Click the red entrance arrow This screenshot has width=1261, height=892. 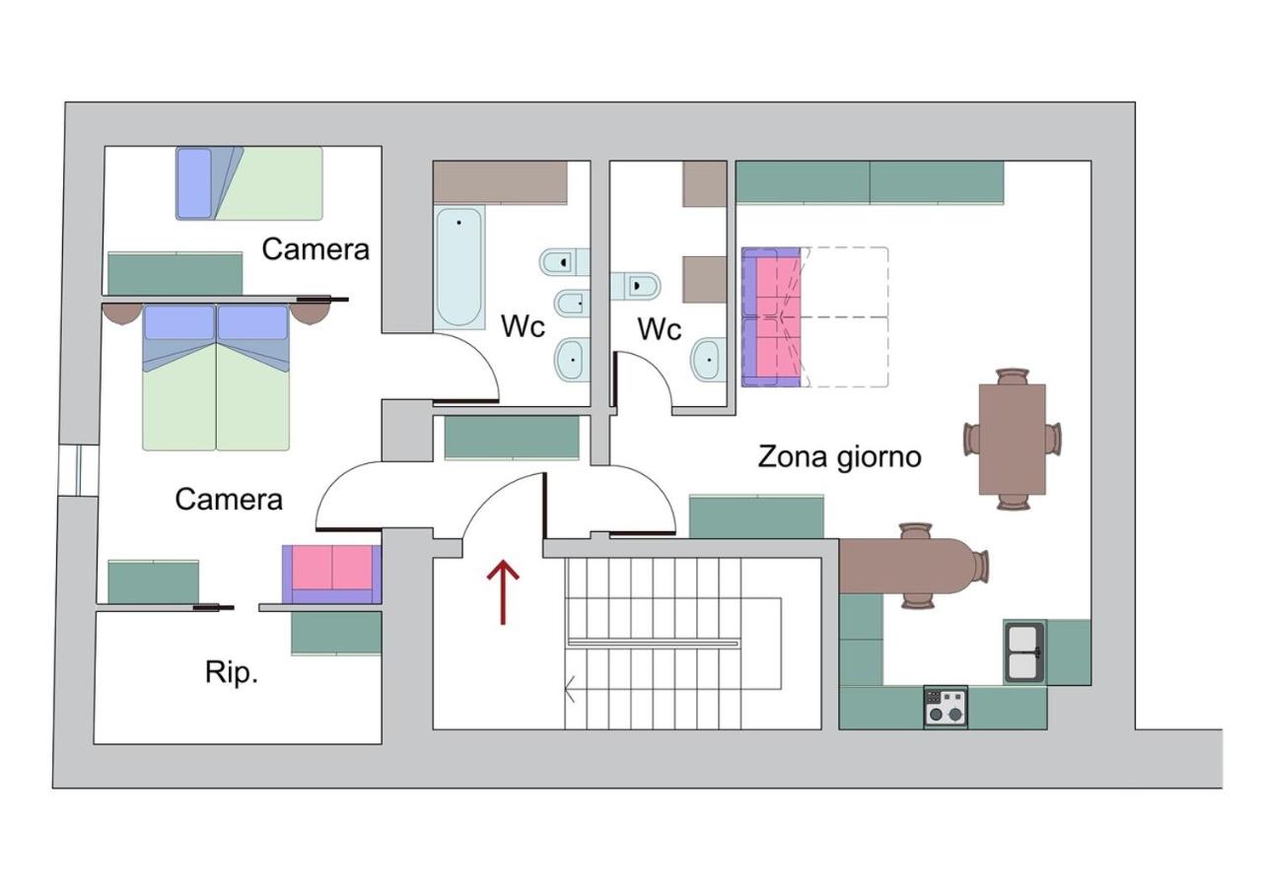coord(503,592)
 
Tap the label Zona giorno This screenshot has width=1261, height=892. coord(839,457)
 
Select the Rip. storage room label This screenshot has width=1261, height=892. coord(232,672)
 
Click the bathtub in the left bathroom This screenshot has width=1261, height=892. coord(459,267)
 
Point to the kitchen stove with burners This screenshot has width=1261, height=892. coord(946,707)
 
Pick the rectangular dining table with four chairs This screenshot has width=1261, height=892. coord(1013,440)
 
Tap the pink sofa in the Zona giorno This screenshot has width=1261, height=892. coord(771,317)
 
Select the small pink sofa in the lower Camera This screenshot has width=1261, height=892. coord(331,574)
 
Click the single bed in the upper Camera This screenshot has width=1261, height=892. coord(249,183)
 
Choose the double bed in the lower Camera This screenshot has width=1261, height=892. coord(216,377)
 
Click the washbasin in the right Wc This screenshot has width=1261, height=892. coord(708,359)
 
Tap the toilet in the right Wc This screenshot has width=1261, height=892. coord(635,286)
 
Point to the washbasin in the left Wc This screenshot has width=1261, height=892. coord(573,360)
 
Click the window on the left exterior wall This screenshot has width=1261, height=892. coord(79,470)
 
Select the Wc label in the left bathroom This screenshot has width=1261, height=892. coord(523,326)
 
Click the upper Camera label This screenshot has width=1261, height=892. coord(315,249)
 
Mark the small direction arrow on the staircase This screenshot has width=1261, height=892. coord(570,689)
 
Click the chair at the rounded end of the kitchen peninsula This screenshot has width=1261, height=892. coord(978,566)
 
